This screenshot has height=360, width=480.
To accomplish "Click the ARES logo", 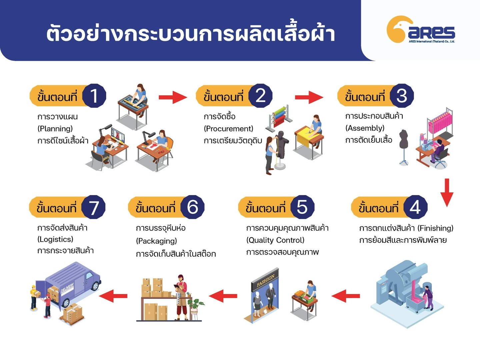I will coord(421,30).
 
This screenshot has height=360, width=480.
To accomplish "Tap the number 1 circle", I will coord(94,96).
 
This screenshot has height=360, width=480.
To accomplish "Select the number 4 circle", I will coord(415,207).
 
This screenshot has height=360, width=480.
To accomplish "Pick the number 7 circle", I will coord(94,207).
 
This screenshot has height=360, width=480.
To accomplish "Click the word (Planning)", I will coord(55,129).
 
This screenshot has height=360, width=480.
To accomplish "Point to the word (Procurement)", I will coord(228,129).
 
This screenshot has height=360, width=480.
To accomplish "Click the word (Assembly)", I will coord(365,128).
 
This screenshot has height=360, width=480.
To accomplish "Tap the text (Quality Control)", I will coord(275,240).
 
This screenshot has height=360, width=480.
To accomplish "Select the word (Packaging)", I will coord(156,241).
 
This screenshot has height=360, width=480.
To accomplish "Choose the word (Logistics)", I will coord(55,239).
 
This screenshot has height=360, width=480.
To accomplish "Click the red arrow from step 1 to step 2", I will coord(172,97).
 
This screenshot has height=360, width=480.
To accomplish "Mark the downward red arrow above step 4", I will coord(447,192).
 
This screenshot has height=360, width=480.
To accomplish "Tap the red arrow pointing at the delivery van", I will coord(114,296).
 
